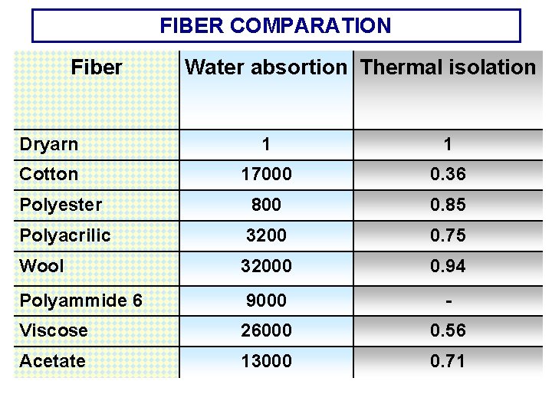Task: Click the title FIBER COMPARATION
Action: [275, 26]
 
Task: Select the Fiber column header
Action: [96, 67]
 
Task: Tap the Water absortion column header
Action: [265, 67]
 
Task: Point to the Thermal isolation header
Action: [448, 67]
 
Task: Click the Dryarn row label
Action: [48, 143]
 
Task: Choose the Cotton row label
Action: [48, 174]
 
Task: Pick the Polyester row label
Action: [60, 205]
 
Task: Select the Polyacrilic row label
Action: [64, 235]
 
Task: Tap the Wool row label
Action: [41, 266]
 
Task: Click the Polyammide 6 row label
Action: [80, 301]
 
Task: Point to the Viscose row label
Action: [53, 330]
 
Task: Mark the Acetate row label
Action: [52, 361]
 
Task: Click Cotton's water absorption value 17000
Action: [266, 174]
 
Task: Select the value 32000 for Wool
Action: [266, 266]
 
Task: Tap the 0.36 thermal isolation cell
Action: [448, 174]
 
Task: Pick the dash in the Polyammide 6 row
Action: [448, 301]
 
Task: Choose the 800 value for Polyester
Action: [266, 205]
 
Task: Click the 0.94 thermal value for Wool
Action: [448, 266]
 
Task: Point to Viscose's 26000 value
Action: [266, 330]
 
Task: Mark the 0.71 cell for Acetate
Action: [448, 361]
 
